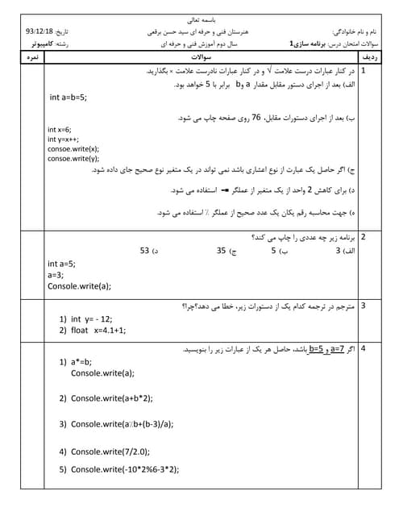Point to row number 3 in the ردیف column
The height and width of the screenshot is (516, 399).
(x=364, y=306)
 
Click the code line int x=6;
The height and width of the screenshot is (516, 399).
(x=59, y=130)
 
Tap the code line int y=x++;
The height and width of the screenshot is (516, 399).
(x=63, y=139)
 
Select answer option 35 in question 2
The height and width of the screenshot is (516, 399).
(x=222, y=251)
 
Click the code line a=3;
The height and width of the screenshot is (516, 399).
(x=56, y=274)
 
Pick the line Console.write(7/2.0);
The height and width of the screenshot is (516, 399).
(x=110, y=451)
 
